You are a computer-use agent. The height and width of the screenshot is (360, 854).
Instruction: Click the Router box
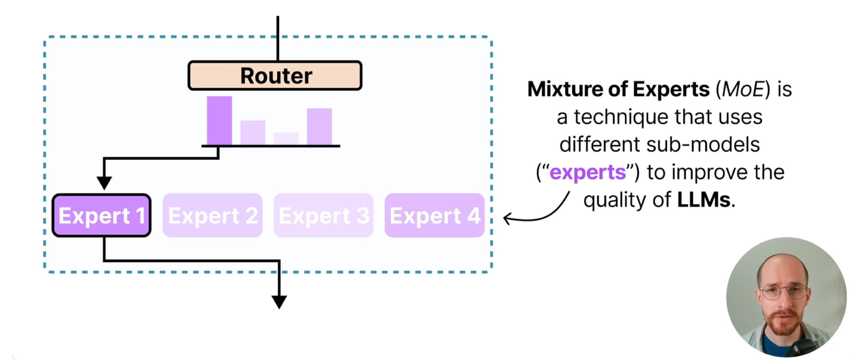pos(275,75)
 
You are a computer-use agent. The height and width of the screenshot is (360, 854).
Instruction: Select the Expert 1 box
pos(102,215)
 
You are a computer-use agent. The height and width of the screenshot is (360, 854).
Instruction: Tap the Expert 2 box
pos(213,215)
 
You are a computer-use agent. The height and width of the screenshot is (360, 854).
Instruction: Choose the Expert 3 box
pos(324,215)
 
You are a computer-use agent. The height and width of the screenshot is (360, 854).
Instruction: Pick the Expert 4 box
pos(435,215)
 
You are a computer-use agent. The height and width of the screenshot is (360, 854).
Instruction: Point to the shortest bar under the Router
pos(286,138)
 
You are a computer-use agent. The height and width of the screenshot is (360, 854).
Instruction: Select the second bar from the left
pos(253,132)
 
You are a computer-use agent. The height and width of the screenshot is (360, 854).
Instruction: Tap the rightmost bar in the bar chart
pos(319,126)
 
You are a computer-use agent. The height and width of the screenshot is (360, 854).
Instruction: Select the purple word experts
pos(587,172)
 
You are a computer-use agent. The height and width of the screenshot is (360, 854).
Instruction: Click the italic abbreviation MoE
pos(743,89)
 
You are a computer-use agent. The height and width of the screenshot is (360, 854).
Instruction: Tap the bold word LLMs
pos(704,200)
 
